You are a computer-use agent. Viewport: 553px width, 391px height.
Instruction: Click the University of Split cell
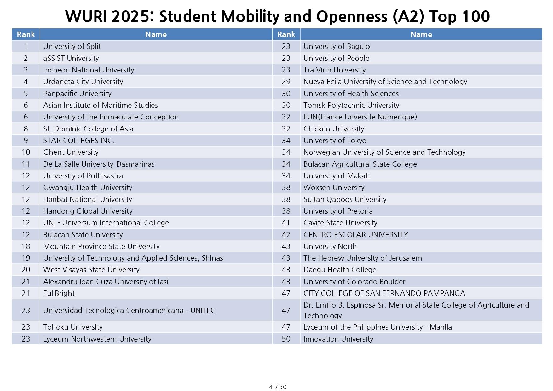point(72,46)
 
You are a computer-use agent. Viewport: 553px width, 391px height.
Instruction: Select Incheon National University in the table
point(89,70)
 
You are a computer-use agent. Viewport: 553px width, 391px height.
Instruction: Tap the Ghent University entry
point(71,152)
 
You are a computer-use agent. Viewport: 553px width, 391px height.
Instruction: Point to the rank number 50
point(286,339)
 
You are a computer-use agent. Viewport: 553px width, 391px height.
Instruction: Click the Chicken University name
point(334,129)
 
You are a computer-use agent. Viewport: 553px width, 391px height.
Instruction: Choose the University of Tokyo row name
point(335,141)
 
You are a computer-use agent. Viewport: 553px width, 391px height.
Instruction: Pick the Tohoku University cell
point(73,327)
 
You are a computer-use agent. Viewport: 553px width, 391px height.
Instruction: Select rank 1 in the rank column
point(26,46)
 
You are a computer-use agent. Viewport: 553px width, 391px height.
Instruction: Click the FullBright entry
point(59,293)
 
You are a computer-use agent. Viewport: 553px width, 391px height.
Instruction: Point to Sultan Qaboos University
point(345,199)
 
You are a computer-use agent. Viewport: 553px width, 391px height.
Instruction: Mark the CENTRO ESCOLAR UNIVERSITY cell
point(356,235)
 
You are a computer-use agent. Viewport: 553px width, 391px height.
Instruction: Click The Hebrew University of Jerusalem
point(363,258)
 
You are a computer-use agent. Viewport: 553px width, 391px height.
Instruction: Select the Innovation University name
point(338,339)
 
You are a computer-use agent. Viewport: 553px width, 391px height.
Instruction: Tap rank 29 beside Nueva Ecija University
point(286,82)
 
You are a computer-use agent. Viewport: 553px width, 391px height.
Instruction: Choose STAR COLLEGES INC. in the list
point(79,141)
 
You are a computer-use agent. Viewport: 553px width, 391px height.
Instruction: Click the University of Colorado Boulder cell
point(354,282)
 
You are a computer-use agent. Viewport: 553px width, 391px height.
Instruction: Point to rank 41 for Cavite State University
point(286,223)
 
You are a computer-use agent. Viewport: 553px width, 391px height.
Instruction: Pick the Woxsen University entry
point(334,187)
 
